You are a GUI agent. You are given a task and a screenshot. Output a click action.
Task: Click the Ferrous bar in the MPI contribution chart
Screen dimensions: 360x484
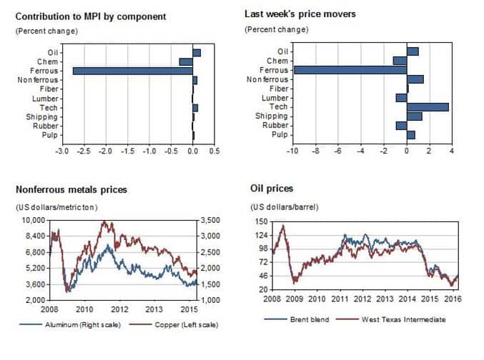132,71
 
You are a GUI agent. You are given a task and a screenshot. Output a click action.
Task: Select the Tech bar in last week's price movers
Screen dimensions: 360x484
428,106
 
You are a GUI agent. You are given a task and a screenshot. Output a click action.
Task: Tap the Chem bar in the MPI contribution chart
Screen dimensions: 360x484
186,61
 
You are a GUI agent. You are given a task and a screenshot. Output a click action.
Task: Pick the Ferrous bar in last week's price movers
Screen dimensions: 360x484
350,70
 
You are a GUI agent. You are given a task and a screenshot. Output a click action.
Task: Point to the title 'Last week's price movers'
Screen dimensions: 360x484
300,14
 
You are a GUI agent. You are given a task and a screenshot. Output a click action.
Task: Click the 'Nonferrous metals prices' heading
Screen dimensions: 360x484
71,189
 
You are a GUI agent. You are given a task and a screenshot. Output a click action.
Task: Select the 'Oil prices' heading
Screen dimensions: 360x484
272,189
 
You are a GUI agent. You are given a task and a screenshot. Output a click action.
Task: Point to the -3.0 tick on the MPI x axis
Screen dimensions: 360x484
62,151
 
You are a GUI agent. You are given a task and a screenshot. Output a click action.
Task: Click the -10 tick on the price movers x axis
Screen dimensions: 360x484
292,150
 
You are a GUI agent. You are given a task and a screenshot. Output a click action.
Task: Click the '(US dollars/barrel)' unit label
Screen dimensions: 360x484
285,207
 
